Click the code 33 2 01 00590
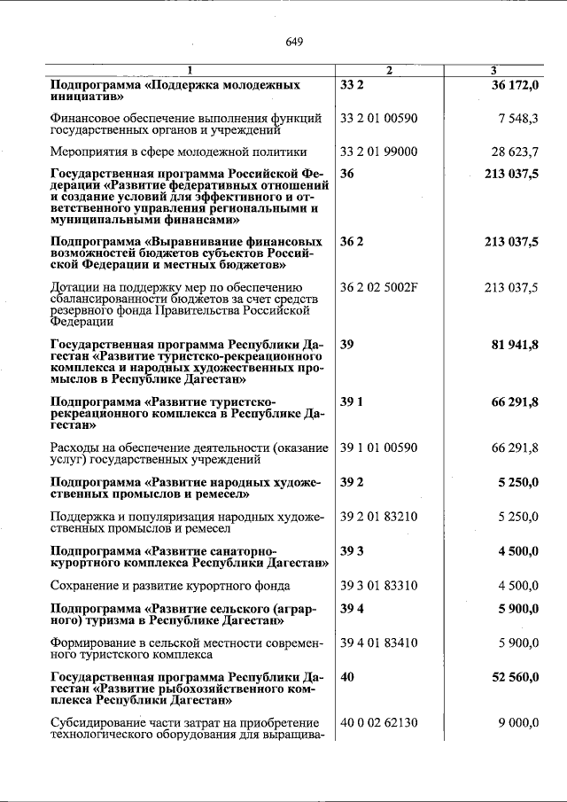pos(378,117)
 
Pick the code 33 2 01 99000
pos(378,152)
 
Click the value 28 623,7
pos(515,152)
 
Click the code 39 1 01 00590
pos(378,448)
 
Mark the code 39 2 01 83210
pos(378,516)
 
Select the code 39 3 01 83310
pos(378,585)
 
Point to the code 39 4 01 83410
pos(378,642)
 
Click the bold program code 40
pos(347,677)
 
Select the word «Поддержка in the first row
pos(183,85)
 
